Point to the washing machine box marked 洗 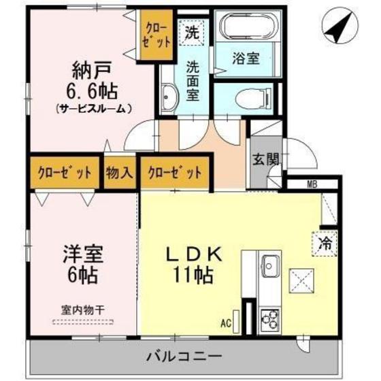[x=193, y=31]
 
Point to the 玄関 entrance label [x=265, y=161]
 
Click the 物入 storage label [x=119, y=172]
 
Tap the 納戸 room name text [x=91, y=70]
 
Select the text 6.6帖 [x=91, y=90]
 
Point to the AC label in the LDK [x=225, y=323]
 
